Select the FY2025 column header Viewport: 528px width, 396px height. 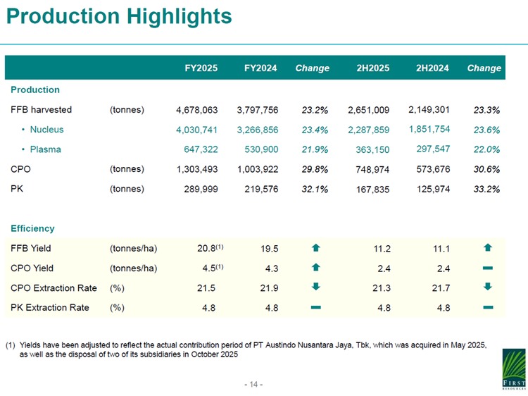point(201,68)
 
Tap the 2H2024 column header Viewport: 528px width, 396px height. point(434,68)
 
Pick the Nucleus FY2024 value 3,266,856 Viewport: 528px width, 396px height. point(258,130)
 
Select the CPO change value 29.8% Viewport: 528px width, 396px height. point(315,169)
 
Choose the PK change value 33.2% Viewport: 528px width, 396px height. point(486,189)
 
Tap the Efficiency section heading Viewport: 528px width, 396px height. point(32,228)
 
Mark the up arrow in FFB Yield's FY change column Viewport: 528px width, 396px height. point(315,248)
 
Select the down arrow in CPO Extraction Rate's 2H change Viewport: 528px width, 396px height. point(488,287)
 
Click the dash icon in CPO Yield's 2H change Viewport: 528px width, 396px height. point(488,268)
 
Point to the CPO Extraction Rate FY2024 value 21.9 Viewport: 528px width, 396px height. point(269,287)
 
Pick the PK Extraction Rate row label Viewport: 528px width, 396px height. point(50,307)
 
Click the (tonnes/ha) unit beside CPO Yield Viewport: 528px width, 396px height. point(133,268)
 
